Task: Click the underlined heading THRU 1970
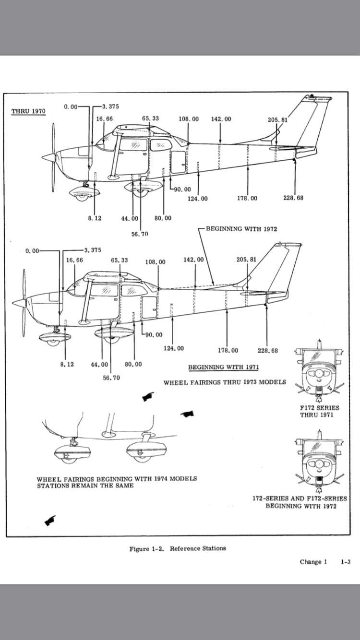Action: coord(28,112)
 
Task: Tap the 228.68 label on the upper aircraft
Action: coord(293,198)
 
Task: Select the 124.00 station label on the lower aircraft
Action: coord(173,348)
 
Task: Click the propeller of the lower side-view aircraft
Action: coord(24,303)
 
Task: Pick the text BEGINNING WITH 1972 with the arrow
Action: coord(241,229)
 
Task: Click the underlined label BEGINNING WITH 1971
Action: coord(223,367)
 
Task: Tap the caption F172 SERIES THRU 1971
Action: coord(319,411)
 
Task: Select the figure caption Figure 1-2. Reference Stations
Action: coord(178,548)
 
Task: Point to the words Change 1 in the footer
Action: coord(313,562)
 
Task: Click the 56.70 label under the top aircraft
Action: coord(140,234)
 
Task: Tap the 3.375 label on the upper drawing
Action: coord(111,107)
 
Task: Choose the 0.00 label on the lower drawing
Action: coord(32,250)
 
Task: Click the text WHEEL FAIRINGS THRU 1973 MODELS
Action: coord(225,382)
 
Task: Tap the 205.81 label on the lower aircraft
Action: coord(246,260)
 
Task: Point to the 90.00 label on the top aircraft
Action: coord(182,189)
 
